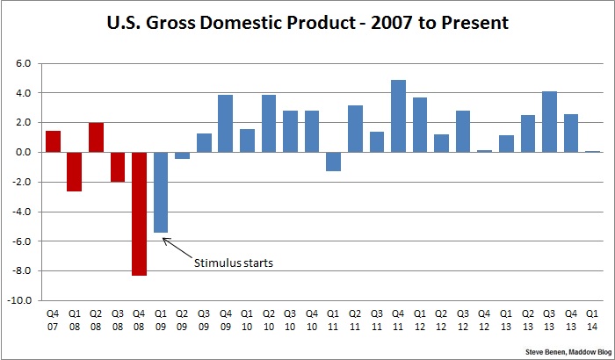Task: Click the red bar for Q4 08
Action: coord(139,213)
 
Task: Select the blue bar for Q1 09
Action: coord(161,192)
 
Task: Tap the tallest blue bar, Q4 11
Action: coord(397,116)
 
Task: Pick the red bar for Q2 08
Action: coord(96,137)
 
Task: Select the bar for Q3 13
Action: coord(548,122)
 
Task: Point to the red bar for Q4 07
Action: coord(53,141)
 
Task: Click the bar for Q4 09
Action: coord(225,124)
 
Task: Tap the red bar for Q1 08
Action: coord(74,171)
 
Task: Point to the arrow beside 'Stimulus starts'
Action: coord(177,248)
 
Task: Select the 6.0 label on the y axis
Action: coord(23,63)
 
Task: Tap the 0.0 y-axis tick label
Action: coord(23,152)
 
